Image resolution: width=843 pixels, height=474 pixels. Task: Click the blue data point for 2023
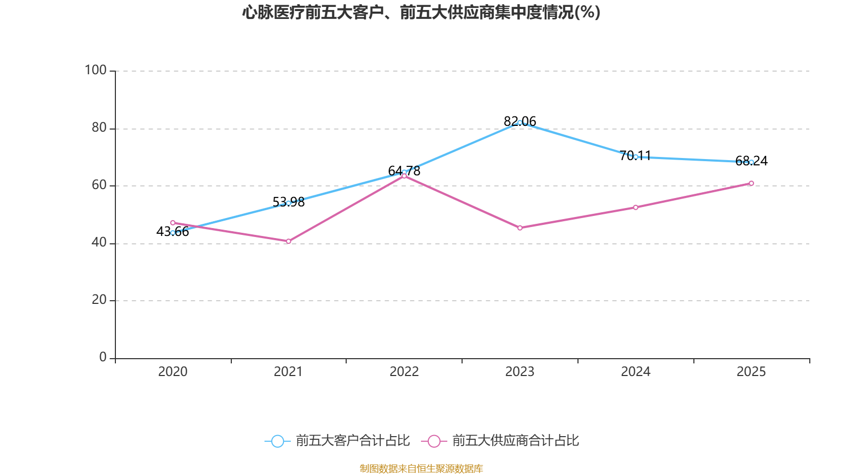pos(519,123)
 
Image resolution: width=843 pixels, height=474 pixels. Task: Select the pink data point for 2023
pos(519,228)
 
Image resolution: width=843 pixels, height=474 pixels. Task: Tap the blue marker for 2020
pos(173,233)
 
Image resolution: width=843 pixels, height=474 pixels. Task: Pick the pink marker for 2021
pos(289,241)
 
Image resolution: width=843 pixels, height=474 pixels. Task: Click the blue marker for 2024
pos(635,157)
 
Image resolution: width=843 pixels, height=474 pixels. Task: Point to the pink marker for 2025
pos(751,183)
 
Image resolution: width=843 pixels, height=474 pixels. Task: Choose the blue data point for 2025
pos(751,162)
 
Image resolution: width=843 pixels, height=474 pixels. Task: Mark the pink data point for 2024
pos(635,208)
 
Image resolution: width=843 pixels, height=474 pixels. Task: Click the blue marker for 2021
pos(289,203)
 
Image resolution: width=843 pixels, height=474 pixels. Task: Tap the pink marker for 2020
pos(173,223)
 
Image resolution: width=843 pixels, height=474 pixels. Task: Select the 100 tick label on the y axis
pos(95,70)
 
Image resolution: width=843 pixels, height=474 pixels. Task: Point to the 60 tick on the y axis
pos(99,185)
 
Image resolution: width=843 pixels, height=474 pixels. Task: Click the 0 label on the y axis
pos(103,357)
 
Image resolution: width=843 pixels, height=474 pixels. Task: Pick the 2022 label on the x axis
pos(404,372)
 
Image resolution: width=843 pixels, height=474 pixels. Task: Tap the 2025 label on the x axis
pos(751,372)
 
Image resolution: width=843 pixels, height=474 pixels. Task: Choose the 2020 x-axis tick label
pos(173,372)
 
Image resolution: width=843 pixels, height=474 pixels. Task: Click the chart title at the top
pos(421,13)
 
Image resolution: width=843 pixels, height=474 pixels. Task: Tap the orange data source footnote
pos(421,468)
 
